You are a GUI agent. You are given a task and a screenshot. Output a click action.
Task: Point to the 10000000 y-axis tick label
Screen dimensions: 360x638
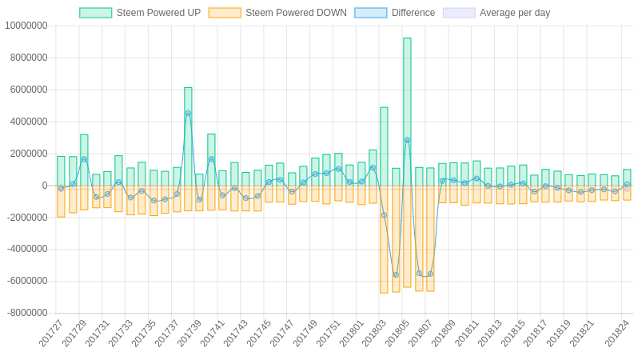(x=26, y=26)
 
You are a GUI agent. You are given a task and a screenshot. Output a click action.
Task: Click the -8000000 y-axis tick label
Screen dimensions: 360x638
(x=26, y=313)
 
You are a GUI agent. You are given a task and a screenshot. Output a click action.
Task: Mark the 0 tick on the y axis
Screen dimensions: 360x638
(x=45, y=186)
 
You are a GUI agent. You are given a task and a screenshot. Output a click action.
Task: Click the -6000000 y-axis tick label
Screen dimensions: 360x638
(x=26, y=281)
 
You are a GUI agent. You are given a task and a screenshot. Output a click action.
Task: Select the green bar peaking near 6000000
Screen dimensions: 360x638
(x=188, y=136)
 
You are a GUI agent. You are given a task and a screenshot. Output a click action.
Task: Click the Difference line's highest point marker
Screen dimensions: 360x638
(x=188, y=114)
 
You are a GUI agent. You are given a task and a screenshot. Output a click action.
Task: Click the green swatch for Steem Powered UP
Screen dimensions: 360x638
(x=95, y=13)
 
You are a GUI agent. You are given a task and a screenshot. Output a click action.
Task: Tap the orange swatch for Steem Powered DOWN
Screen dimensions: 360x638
(x=225, y=13)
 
